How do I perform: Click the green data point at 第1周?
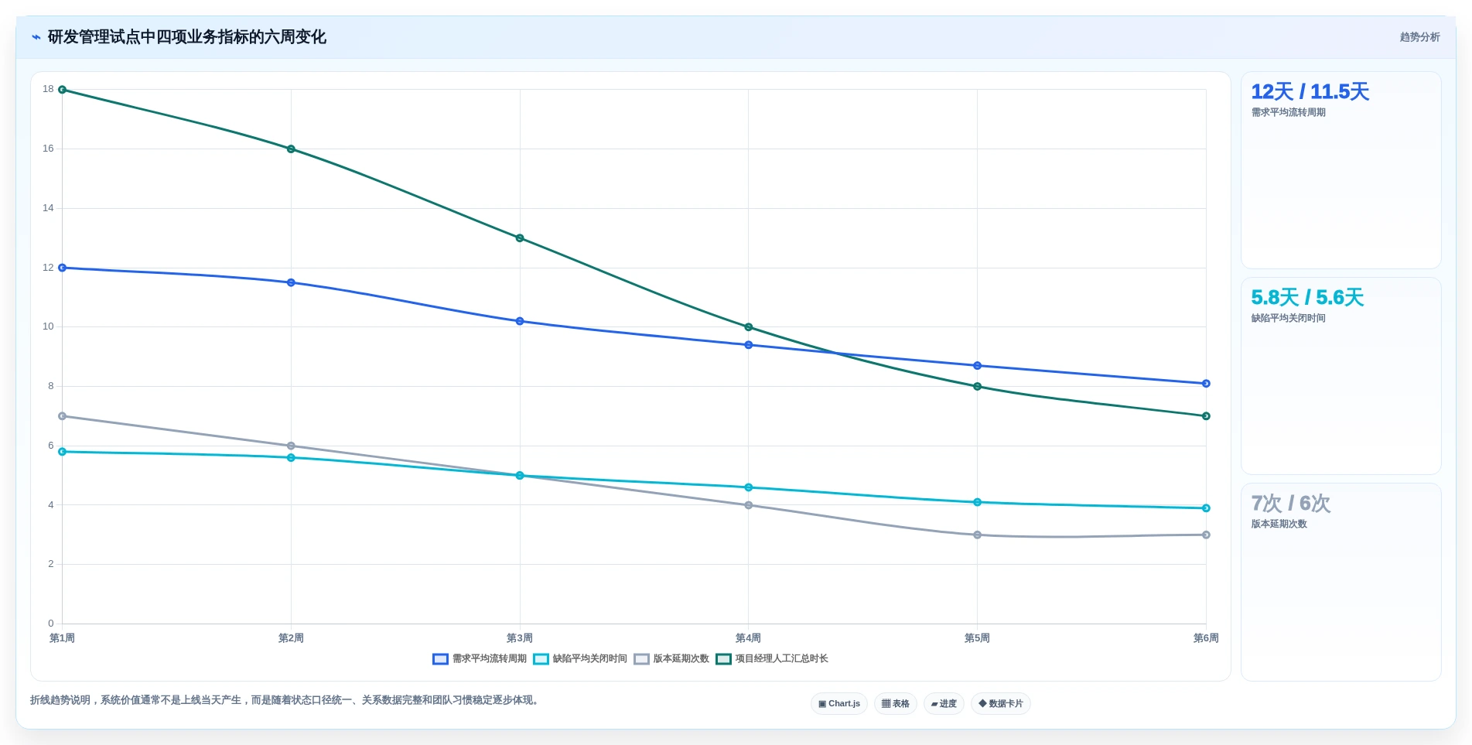click(x=63, y=90)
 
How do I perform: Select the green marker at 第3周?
click(x=520, y=238)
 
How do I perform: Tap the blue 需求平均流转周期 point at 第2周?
click(x=291, y=282)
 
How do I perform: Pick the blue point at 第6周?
click(x=1206, y=384)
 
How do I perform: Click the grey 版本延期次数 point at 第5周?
click(x=977, y=535)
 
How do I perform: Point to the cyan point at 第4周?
click(x=748, y=487)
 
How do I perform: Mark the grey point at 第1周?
click(x=63, y=416)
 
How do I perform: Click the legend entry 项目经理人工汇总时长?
click(x=772, y=659)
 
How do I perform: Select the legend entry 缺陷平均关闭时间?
click(x=580, y=659)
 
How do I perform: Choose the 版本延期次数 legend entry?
click(x=671, y=659)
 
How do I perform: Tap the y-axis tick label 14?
click(x=48, y=208)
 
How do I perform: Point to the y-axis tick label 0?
click(x=51, y=624)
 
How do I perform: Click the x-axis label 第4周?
click(x=748, y=638)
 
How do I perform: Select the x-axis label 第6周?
click(x=1206, y=638)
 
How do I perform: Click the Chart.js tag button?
click(x=839, y=704)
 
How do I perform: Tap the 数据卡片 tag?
click(x=1001, y=704)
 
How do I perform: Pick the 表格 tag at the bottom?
click(x=896, y=704)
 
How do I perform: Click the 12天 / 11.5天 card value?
click(x=1310, y=92)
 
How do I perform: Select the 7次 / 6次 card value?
click(x=1291, y=504)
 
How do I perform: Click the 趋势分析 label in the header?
click(x=1419, y=37)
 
